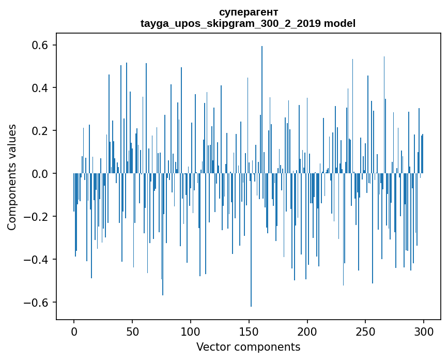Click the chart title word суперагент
(x=248, y=12)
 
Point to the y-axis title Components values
(x=12, y=177)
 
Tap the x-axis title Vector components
(x=248, y=347)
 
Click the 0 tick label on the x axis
(x=74, y=332)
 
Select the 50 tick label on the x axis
(x=132, y=332)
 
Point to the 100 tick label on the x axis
(x=191, y=332)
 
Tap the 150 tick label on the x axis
(x=249, y=332)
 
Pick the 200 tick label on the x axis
(x=307, y=332)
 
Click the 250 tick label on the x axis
(x=365, y=332)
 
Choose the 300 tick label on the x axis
(x=424, y=332)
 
